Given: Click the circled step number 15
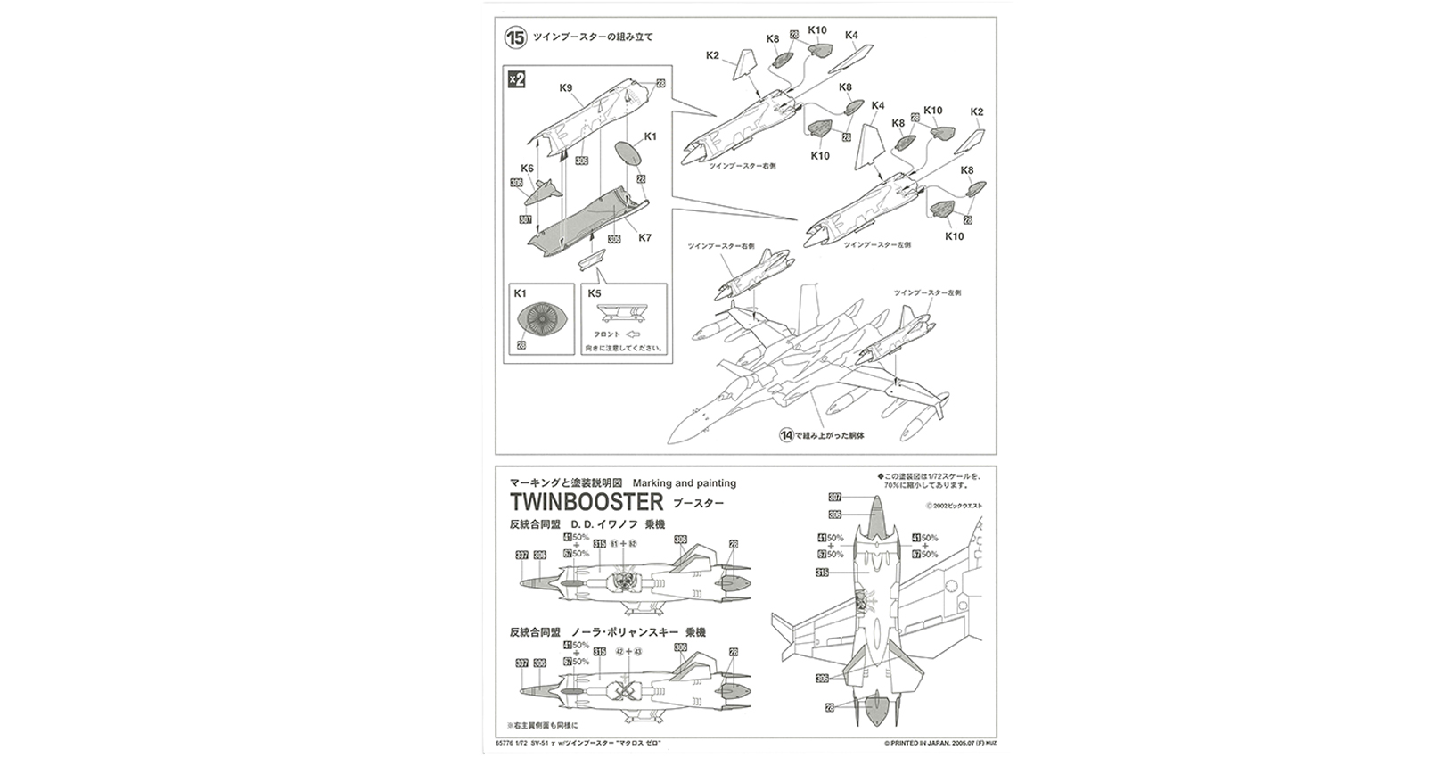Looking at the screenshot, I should [515, 37].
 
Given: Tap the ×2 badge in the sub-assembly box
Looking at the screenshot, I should [517, 79].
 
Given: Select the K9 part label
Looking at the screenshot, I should [565, 87].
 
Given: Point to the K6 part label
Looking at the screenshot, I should [527, 168].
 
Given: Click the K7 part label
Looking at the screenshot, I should [645, 237].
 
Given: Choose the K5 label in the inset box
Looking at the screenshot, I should [595, 292].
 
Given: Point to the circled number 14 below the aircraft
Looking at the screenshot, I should [785, 435].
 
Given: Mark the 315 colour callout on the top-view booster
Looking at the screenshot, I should [823, 573].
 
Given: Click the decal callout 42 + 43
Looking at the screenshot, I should [628, 652].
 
